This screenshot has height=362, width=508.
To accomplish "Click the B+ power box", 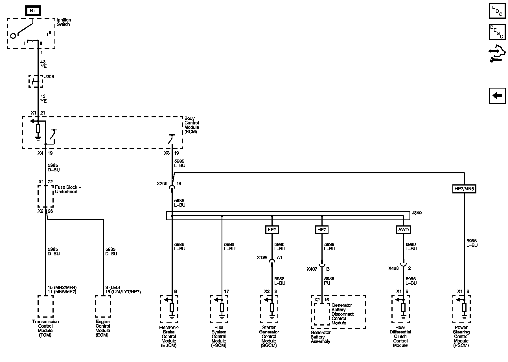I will (33, 11).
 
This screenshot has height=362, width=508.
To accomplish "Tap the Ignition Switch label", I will (63, 22).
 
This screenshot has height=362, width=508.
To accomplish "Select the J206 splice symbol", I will (36, 81).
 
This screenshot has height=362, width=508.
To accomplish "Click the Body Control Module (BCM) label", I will (192, 125).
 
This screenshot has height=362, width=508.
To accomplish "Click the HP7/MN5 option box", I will (464, 189).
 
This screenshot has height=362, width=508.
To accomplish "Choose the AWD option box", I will (403, 229).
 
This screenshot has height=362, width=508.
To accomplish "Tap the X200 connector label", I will (162, 184).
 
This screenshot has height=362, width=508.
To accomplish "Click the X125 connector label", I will (262, 258).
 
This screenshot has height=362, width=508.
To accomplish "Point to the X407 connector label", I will (312, 269).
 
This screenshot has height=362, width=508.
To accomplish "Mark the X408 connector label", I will (393, 268).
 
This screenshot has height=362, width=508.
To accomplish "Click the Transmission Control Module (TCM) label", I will (45, 328).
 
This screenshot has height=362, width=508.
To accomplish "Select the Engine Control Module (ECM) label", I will (103, 328).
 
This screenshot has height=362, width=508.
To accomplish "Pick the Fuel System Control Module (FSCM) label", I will (219, 336).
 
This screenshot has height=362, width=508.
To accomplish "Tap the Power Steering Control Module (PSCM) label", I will (461, 336).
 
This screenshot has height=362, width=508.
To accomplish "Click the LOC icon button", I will (497, 11).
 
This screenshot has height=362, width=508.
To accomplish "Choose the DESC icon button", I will (497, 32).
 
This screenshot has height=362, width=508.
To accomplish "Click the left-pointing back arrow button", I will (497, 96).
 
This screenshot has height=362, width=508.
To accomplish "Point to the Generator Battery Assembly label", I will (320, 337).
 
